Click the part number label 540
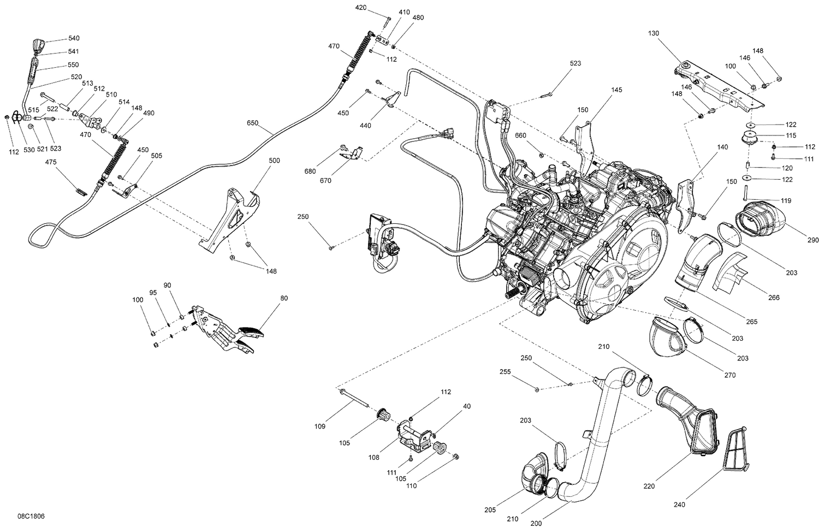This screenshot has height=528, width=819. (74, 38)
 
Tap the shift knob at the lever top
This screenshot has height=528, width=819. (38, 45)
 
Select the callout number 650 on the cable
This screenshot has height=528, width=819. (252, 123)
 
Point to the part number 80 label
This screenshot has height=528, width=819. (284, 298)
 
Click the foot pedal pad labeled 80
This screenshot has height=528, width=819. (250, 330)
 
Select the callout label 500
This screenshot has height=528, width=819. (274, 161)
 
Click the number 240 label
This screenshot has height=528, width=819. (679, 506)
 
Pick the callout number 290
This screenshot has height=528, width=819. (798, 240)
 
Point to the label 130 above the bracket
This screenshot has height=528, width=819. (654, 33)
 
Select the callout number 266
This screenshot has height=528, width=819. (774, 298)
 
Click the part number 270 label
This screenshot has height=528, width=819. (730, 375)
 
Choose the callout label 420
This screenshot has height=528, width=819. (361, 8)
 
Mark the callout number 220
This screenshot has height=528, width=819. (649, 486)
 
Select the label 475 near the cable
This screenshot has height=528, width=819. (51, 162)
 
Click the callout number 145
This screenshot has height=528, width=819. (616, 90)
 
